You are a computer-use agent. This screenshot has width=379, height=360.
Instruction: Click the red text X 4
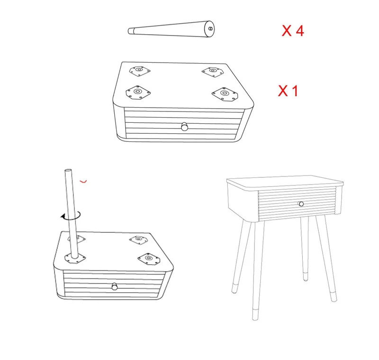[x=293, y=31]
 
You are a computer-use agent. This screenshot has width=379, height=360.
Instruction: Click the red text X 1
[x=288, y=91]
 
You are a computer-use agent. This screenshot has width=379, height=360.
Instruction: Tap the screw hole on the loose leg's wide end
[x=210, y=28]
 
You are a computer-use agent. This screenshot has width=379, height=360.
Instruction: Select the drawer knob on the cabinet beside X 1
[x=185, y=127]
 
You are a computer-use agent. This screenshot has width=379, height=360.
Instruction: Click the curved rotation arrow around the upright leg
[x=71, y=215]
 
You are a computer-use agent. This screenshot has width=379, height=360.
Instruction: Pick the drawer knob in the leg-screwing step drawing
[x=115, y=286]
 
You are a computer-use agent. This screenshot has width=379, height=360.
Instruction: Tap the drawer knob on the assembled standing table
[x=301, y=204]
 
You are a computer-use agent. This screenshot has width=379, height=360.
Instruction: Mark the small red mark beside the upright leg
[x=83, y=181]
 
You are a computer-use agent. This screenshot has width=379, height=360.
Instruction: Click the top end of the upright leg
[x=68, y=171]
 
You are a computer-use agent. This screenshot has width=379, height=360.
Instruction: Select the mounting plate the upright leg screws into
[x=75, y=258]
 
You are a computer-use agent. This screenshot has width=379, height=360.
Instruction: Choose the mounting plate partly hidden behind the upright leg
[x=77, y=239]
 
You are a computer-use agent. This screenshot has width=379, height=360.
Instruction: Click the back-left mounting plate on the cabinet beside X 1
[x=139, y=71]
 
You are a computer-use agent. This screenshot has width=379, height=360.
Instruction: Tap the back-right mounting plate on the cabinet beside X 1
[x=212, y=72]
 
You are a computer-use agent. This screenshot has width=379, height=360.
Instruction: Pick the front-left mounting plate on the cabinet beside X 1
[x=138, y=92]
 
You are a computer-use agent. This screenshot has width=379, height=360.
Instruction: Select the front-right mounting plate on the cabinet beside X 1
[x=225, y=94]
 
